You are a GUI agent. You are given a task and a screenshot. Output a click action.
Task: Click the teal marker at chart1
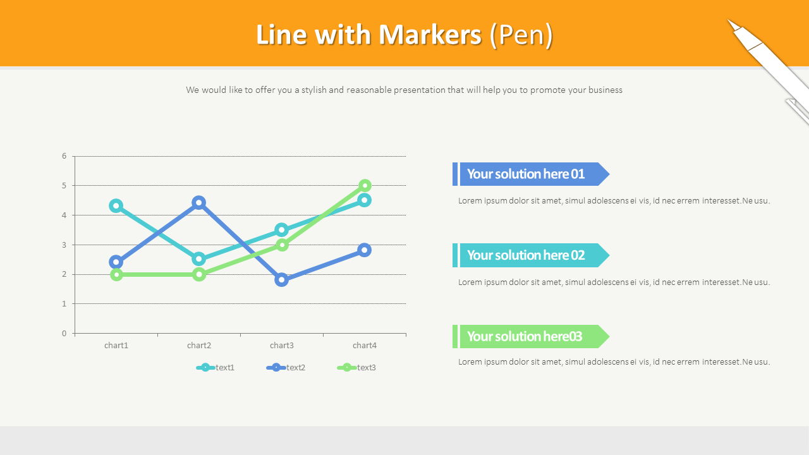click(116, 205)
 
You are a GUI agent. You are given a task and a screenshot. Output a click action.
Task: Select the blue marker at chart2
click(199, 203)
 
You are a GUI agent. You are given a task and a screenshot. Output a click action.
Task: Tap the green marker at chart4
click(365, 185)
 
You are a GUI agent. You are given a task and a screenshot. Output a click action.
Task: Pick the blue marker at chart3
click(282, 279)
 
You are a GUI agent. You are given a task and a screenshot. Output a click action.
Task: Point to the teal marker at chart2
click(199, 259)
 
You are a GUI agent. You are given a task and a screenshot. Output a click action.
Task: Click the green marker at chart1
click(116, 274)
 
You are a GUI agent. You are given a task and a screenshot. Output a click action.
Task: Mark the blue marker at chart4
click(365, 250)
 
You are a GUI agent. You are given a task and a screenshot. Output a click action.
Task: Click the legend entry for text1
click(216, 367)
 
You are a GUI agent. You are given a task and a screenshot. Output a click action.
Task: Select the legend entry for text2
click(286, 367)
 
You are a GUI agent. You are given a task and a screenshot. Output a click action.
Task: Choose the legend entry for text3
click(357, 367)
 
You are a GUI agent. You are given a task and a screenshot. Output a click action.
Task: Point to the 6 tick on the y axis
click(64, 156)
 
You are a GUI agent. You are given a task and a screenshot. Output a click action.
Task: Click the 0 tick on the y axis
click(64, 333)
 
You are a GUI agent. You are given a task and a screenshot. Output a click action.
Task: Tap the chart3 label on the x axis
click(282, 345)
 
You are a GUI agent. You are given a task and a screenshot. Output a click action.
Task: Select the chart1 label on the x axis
click(116, 345)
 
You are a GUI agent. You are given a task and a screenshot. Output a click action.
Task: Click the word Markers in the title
click(430, 35)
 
